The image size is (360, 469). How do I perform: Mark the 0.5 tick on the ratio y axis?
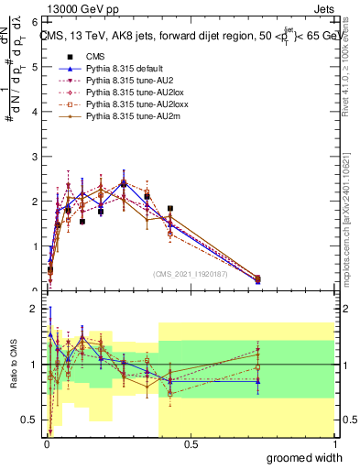(31, 420)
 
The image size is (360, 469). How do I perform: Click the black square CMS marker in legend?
(63, 56)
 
